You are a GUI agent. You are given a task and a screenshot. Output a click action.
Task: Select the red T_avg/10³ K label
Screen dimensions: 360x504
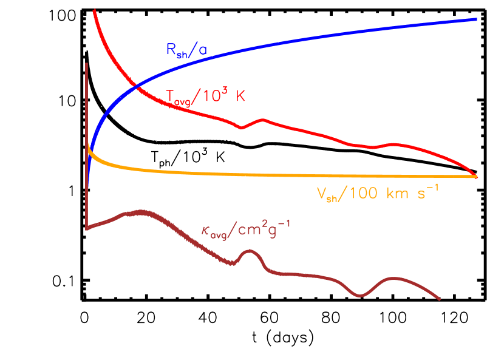click(x=205, y=97)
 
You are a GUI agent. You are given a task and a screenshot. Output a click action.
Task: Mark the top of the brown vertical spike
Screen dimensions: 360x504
click(x=87, y=63)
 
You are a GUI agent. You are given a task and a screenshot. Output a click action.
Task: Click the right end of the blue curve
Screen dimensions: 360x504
click(x=475, y=19)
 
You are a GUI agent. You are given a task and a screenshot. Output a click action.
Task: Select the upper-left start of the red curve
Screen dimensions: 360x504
click(x=94, y=10)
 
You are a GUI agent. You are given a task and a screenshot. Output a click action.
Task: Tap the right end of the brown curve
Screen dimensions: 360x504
click(x=439, y=299)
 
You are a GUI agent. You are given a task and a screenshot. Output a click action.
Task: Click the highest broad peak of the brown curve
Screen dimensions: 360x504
click(x=141, y=211)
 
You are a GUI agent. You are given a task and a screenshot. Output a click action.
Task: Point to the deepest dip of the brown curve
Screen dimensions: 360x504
click(x=360, y=296)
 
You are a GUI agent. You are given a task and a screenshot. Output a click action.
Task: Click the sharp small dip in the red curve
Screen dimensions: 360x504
click(x=242, y=127)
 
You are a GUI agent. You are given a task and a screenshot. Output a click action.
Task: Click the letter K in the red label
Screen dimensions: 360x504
click(x=240, y=96)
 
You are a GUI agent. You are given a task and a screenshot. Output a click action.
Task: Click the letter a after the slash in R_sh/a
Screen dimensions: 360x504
click(x=202, y=52)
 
